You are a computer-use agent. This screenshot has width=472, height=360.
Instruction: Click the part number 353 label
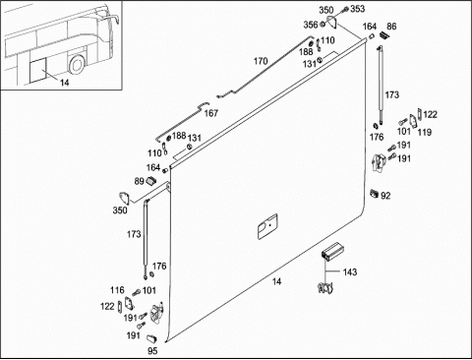click(358, 9)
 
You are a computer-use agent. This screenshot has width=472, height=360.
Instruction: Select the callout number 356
click(311, 25)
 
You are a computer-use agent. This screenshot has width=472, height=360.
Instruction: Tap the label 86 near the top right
click(391, 27)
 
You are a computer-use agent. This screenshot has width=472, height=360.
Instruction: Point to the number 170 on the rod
click(261, 61)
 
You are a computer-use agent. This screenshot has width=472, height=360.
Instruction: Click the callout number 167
click(211, 113)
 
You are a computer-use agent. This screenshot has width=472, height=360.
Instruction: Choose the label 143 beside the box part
click(350, 271)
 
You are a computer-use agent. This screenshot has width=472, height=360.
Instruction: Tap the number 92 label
click(385, 196)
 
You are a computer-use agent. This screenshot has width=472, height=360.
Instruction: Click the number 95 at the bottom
click(152, 351)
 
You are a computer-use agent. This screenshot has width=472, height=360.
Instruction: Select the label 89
click(140, 181)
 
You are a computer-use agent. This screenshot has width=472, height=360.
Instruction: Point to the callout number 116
click(117, 290)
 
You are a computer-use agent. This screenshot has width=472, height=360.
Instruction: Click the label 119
click(425, 132)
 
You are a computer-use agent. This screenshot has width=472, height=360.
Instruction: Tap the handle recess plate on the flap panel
click(267, 226)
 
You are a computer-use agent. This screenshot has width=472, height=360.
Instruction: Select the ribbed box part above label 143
click(331, 251)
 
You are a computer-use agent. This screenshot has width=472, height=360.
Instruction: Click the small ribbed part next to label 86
click(383, 34)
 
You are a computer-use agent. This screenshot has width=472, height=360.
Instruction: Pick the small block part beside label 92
click(375, 194)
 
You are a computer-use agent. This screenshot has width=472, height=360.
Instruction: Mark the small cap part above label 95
click(151, 338)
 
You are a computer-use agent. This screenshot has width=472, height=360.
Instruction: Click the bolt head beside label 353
click(346, 10)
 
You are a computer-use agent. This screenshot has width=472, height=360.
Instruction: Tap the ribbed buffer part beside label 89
click(150, 180)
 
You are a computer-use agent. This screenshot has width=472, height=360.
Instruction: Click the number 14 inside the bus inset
click(65, 83)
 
